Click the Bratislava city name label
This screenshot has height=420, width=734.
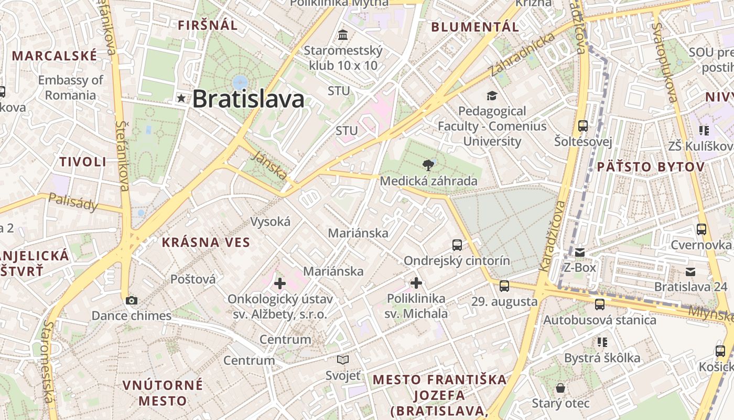click(248, 99)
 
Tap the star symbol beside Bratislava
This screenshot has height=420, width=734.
click(181, 98)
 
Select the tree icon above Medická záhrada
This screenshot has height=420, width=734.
click(428, 165)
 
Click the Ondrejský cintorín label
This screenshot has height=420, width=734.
click(456, 261)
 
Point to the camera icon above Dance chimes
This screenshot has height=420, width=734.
click(132, 300)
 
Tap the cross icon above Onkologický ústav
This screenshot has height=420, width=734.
click(280, 283)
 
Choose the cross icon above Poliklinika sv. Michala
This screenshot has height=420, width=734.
click(416, 283)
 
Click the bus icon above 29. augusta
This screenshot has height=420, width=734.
click(504, 286)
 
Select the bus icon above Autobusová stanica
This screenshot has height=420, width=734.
click(600, 304)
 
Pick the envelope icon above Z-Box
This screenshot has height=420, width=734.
click(580, 253)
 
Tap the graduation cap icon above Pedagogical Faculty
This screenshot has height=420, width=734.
click(492, 96)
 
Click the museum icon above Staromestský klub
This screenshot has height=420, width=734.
click(343, 35)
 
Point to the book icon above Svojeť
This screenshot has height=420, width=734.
click(343, 360)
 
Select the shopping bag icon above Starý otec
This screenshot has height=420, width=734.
click(560, 388)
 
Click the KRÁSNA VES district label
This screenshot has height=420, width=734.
click(206, 242)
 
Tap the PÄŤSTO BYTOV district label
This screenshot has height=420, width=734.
click(651, 167)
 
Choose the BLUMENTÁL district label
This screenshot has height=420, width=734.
click(475, 27)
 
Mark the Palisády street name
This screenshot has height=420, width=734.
click(73, 202)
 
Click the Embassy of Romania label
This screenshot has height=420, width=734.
click(70, 88)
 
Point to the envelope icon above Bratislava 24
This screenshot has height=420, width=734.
click(690, 271)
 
